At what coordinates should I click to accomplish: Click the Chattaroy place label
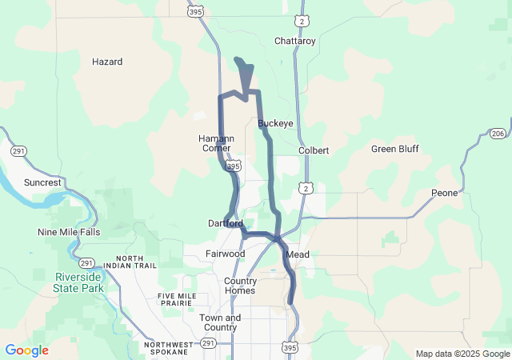coord(295,40)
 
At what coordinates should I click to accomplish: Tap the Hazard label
coord(106,62)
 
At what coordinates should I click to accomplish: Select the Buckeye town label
coord(275,123)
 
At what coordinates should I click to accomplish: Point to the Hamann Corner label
coord(215,143)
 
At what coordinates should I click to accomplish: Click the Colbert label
coord(314,150)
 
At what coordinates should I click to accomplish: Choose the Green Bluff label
coord(394,149)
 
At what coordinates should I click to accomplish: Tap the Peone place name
coord(444,193)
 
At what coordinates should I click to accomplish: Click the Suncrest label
coord(42,182)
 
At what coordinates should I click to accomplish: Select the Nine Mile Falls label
coord(69,232)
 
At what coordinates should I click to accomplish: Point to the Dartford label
coord(225,223)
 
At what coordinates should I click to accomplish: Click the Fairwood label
coord(226,254)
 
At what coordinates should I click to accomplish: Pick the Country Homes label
coord(240,286)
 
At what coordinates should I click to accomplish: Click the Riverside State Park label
coord(79,282)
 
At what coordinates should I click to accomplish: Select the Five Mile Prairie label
coord(177,300)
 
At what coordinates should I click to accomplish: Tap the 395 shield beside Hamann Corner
coord(233,166)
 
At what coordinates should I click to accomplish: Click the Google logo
coord(26,350)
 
